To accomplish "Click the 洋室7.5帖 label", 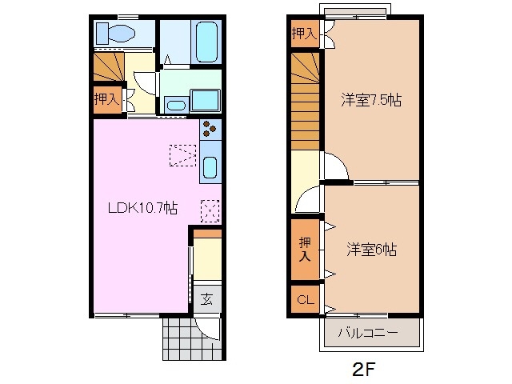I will tap(370, 101).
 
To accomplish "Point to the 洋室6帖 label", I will tap(371, 250).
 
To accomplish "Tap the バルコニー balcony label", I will tap(367, 332).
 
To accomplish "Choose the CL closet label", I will tap(305, 300).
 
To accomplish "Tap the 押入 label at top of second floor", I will tap(304, 34).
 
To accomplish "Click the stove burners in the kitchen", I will tap(210, 130).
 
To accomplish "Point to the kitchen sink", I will tap(210, 167).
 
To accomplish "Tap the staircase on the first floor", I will tap(108, 66).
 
